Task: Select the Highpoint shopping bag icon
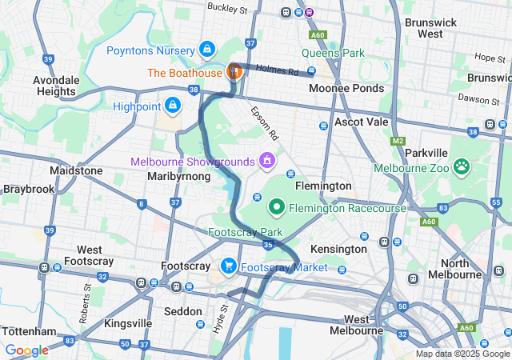(173, 105)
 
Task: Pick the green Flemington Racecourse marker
(277, 208)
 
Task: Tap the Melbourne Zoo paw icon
(462, 167)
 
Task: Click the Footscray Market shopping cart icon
(229, 266)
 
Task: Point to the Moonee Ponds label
(346, 88)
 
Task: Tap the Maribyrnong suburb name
(180, 176)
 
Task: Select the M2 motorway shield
(398, 142)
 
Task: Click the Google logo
(26, 350)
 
